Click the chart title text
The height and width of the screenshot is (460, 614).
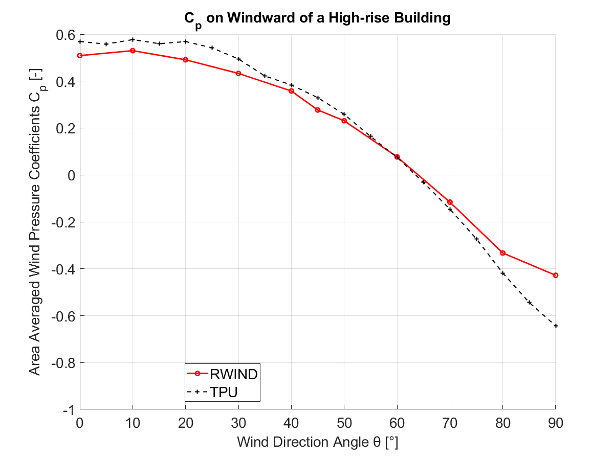pyautogui.click(x=317, y=18)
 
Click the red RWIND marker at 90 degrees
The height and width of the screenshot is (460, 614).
pyautogui.click(x=556, y=275)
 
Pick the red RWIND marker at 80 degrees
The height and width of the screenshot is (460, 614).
pyautogui.click(x=503, y=253)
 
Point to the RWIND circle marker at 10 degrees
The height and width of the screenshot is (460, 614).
pyautogui.click(x=133, y=51)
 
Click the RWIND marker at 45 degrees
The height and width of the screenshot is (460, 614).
pyautogui.click(x=318, y=110)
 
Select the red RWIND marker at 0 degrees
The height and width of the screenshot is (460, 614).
pyautogui.click(x=80, y=55)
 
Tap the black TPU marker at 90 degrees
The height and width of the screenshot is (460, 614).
pyautogui.click(x=556, y=326)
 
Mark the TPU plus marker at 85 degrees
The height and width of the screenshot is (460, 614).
pyautogui.click(x=530, y=303)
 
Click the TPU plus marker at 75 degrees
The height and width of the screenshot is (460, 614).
pyautogui.click(x=476, y=239)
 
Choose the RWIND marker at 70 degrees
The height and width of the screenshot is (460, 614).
pyautogui.click(x=450, y=202)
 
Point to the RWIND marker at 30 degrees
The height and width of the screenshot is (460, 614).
pyautogui.click(x=238, y=73)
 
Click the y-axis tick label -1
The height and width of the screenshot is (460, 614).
pyautogui.click(x=68, y=410)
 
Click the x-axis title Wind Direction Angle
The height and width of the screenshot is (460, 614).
pyautogui.click(x=317, y=442)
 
